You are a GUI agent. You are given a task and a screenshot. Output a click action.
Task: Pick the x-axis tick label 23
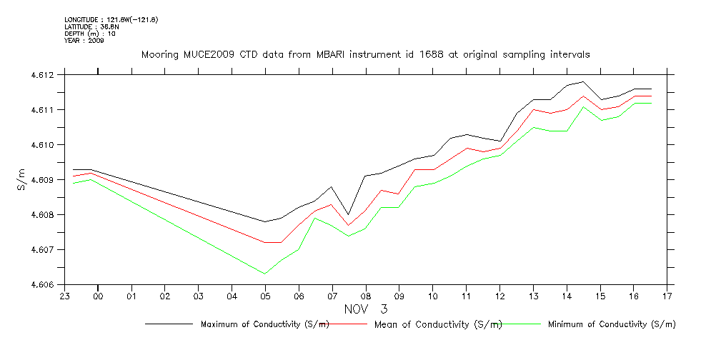64,296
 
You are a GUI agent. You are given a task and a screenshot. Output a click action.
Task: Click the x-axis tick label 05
265,296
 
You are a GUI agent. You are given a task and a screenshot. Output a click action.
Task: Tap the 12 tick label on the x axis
499,296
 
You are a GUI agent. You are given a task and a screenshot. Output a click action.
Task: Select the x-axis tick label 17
667,296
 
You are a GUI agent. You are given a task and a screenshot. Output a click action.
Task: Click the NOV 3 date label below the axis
365,309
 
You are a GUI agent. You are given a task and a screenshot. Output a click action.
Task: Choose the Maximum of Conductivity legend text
265,324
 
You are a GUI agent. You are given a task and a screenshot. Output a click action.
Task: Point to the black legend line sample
169,324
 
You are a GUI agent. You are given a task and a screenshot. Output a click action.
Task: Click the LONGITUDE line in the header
111,19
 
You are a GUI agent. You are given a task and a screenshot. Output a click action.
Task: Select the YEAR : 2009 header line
84,41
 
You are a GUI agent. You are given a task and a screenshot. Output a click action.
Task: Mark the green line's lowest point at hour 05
265,274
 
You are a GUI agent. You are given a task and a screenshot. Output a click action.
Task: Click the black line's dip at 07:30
349,214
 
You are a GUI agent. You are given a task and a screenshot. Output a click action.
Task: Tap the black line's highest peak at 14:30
583,81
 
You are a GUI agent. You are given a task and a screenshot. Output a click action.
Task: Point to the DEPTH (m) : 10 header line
90,34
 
